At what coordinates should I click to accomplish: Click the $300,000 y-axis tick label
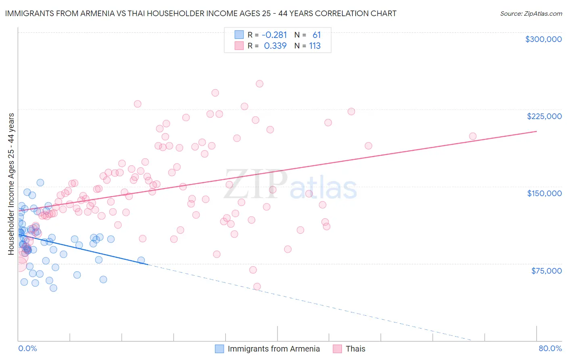543,39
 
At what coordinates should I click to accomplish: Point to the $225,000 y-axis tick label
544,116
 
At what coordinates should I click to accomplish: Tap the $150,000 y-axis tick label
544,193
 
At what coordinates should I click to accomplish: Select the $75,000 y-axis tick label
546,270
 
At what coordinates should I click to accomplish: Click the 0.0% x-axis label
27,348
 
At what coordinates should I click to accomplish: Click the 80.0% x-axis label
550,348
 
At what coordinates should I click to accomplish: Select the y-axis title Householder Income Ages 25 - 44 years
11,184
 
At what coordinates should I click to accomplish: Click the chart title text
200,13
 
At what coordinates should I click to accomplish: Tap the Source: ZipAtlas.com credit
531,13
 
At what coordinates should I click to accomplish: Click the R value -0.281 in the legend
274,35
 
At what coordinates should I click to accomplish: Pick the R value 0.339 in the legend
275,46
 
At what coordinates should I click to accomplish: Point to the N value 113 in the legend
315,46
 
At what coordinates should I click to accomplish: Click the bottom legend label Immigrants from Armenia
273,349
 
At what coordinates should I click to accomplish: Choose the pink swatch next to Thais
337,349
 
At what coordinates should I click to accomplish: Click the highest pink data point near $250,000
259,84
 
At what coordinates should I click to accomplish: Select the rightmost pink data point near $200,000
473,136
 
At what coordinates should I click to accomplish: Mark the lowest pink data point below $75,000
257,287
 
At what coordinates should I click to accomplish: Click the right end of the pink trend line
536,131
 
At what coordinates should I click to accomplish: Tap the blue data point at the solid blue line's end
141,260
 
